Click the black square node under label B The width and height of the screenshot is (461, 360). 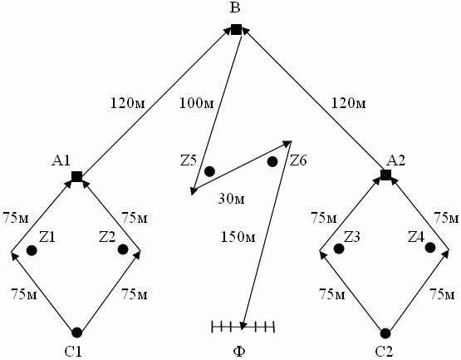click(x=236, y=29)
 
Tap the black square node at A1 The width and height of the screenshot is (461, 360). click(x=76, y=176)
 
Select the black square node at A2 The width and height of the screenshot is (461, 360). click(x=385, y=175)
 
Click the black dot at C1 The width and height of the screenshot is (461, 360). click(x=77, y=333)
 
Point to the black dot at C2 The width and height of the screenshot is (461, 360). click(x=385, y=333)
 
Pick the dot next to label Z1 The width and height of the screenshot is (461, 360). click(x=32, y=250)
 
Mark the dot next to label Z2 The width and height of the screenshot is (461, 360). click(x=123, y=249)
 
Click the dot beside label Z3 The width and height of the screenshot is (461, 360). click(x=339, y=249)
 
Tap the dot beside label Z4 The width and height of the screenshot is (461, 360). click(x=430, y=248)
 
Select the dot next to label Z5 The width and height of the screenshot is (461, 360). click(x=209, y=171)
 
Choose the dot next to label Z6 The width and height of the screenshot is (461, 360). click(x=272, y=161)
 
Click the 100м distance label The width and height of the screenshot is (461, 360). click(x=197, y=103)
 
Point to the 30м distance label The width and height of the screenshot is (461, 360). click(x=232, y=200)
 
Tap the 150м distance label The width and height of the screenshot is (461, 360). click(x=238, y=237)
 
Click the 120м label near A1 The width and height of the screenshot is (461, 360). click(x=128, y=103)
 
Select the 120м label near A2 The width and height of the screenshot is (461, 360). click(x=349, y=103)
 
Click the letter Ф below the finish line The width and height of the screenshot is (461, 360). click(x=239, y=352)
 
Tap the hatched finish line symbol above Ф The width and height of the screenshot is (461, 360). click(x=243, y=327)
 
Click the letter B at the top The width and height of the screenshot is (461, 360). click(x=235, y=8)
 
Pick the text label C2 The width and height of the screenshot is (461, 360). click(x=384, y=352)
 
